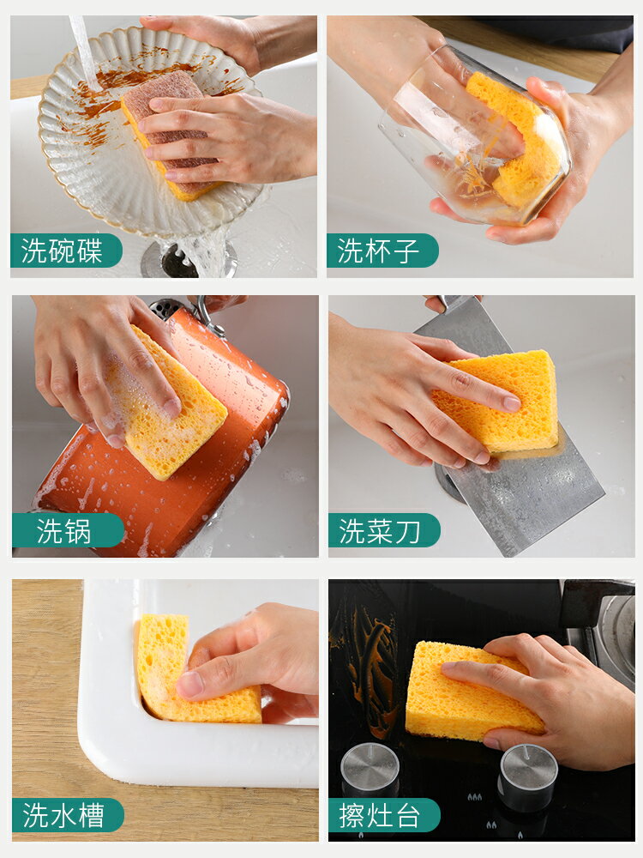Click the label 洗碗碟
pyautogui.click(x=62, y=251)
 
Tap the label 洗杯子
pyautogui.click(x=378, y=251)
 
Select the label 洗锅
pyautogui.click(x=63, y=531)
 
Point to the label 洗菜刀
pyautogui.click(x=380, y=531)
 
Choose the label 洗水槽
pyautogui.click(x=63, y=815)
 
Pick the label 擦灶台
pyautogui.click(x=380, y=815)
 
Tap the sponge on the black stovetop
pyautogui.click(x=470, y=692)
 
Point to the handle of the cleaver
pyautogui.click(x=452, y=303)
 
